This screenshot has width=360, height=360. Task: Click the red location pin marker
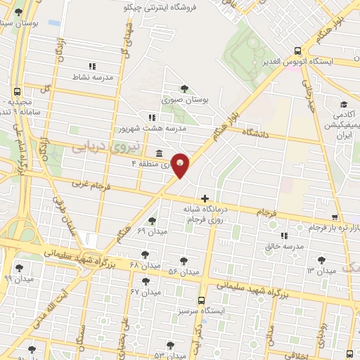point(181,164)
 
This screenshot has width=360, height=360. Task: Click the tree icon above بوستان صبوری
point(184,89)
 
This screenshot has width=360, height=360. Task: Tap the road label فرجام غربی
point(88,186)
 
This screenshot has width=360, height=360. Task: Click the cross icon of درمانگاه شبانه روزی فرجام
point(205,199)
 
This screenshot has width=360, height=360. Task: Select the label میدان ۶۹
point(151,231)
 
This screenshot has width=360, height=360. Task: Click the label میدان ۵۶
point(184,271)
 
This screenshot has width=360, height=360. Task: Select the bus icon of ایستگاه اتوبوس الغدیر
point(298,51)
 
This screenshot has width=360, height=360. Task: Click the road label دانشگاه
point(257,131)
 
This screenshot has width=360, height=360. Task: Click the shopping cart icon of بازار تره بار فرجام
point(335,217)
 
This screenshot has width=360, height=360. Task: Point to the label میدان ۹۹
point(18,278)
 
